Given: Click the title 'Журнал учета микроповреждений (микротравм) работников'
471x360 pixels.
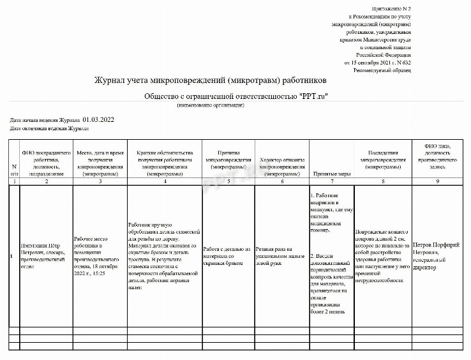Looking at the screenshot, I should [x=210, y=82].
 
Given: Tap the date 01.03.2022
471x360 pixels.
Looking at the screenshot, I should [x=98, y=119].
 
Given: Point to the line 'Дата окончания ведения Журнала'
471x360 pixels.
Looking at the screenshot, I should [x=49, y=128].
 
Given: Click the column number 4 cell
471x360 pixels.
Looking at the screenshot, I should [x=165, y=181].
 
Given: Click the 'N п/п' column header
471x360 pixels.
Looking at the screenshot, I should [x=14, y=169].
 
